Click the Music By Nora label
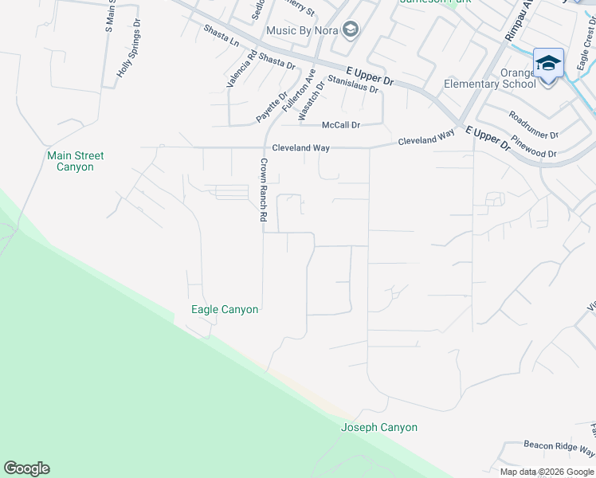click(302, 31)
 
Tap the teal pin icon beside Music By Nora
click(350, 31)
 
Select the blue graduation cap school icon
click(548, 62)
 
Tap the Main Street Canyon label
click(76, 162)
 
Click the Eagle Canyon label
click(225, 309)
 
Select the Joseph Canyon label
click(379, 428)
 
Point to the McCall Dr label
click(341, 126)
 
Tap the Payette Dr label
click(272, 106)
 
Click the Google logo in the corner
click(26, 468)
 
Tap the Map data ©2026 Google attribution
click(547, 472)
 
